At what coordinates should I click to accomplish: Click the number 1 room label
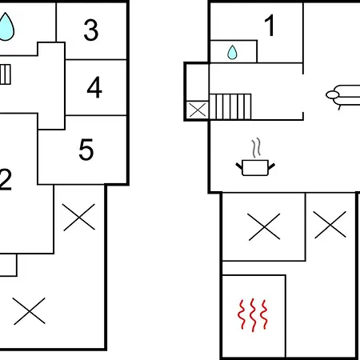(x=270, y=25)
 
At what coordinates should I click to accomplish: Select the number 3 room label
(x=91, y=30)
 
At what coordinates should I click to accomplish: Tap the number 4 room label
(x=94, y=87)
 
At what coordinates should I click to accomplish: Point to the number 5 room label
(x=86, y=150)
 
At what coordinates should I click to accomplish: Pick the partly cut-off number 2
(x=6, y=179)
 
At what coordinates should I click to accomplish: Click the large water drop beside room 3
(x=6, y=26)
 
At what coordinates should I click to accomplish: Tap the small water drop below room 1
(x=232, y=52)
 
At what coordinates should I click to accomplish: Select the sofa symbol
(x=343, y=97)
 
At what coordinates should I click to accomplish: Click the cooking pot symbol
(x=255, y=168)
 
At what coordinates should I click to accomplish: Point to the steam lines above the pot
(x=256, y=148)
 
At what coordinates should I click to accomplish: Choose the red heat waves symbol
(x=253, y=315)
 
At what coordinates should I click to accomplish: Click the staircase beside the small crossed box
(x=230, y=106)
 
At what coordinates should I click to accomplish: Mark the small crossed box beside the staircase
(x=198, y=110)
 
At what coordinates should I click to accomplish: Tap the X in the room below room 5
(x=79, y=217)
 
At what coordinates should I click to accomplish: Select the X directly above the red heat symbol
(x=264, y=226)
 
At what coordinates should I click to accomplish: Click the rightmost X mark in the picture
(x=330, y=225)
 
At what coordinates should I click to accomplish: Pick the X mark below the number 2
(x=29, y=311)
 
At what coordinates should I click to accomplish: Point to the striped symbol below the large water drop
(x=6, y=74)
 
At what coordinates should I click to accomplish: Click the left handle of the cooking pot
(x=239, y=166)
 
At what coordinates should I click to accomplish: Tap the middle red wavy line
(x=253, y=315)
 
